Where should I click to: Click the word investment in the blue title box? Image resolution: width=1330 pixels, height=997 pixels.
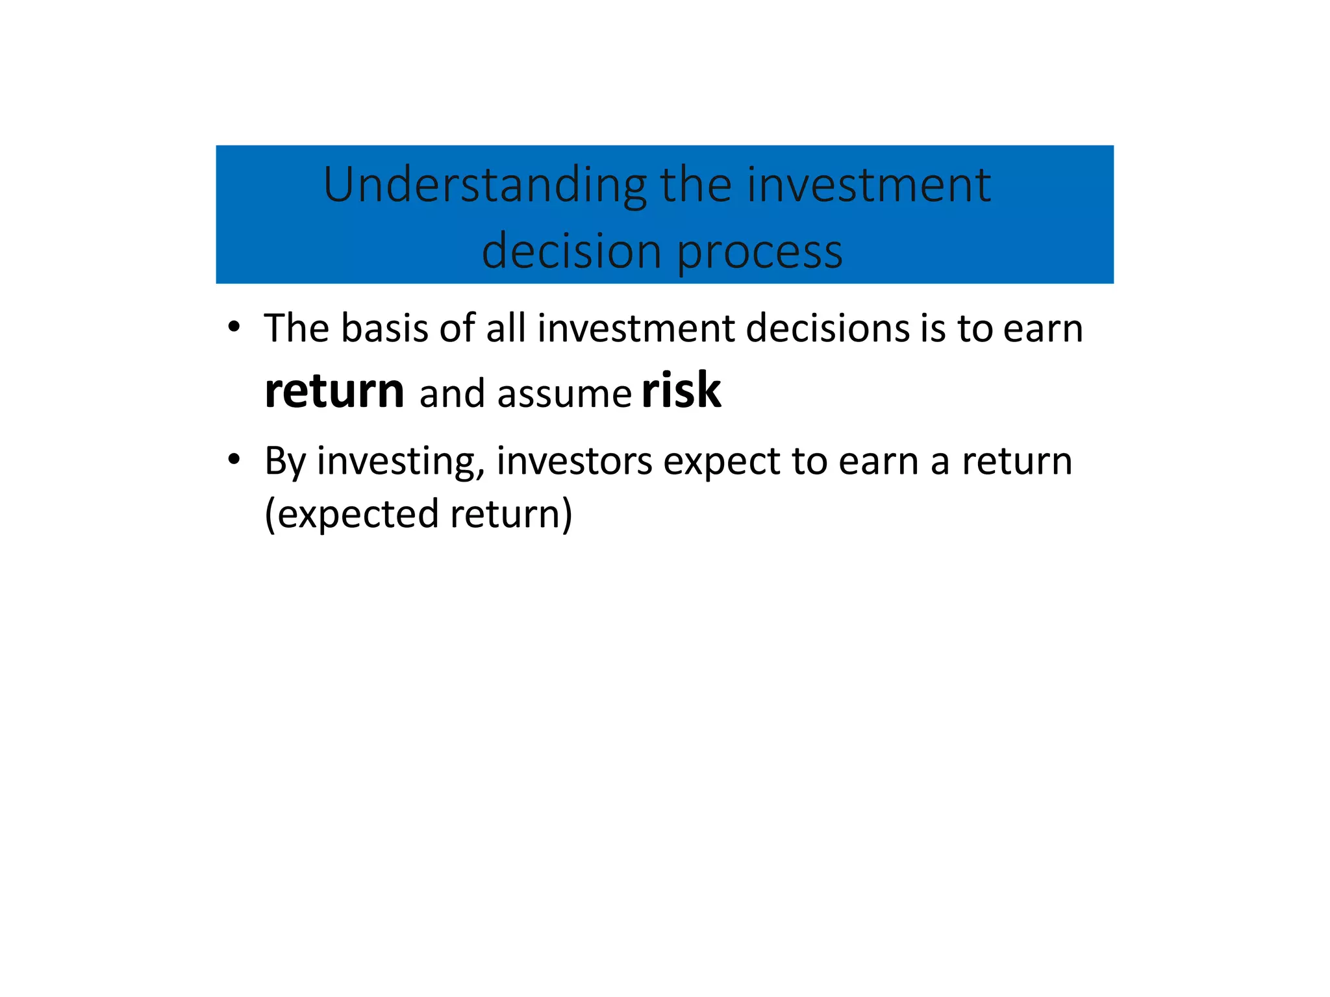point(869,185)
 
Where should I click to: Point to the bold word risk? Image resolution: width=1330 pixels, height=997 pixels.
point(681,391)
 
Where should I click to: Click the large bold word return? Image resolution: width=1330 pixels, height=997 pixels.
point(334,391)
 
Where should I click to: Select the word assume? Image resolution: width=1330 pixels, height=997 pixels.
point(564,394)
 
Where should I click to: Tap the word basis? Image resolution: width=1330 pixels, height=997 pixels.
point(384,328)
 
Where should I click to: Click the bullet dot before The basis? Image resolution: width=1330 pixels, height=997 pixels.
point(234,326)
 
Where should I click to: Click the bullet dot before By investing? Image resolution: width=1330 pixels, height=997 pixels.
point(234,460)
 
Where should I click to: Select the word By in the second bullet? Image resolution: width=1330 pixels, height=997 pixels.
point(284,462)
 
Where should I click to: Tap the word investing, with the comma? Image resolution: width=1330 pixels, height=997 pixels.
point(401,462)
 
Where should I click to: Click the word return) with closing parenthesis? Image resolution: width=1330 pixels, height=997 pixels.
point(511,514)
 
